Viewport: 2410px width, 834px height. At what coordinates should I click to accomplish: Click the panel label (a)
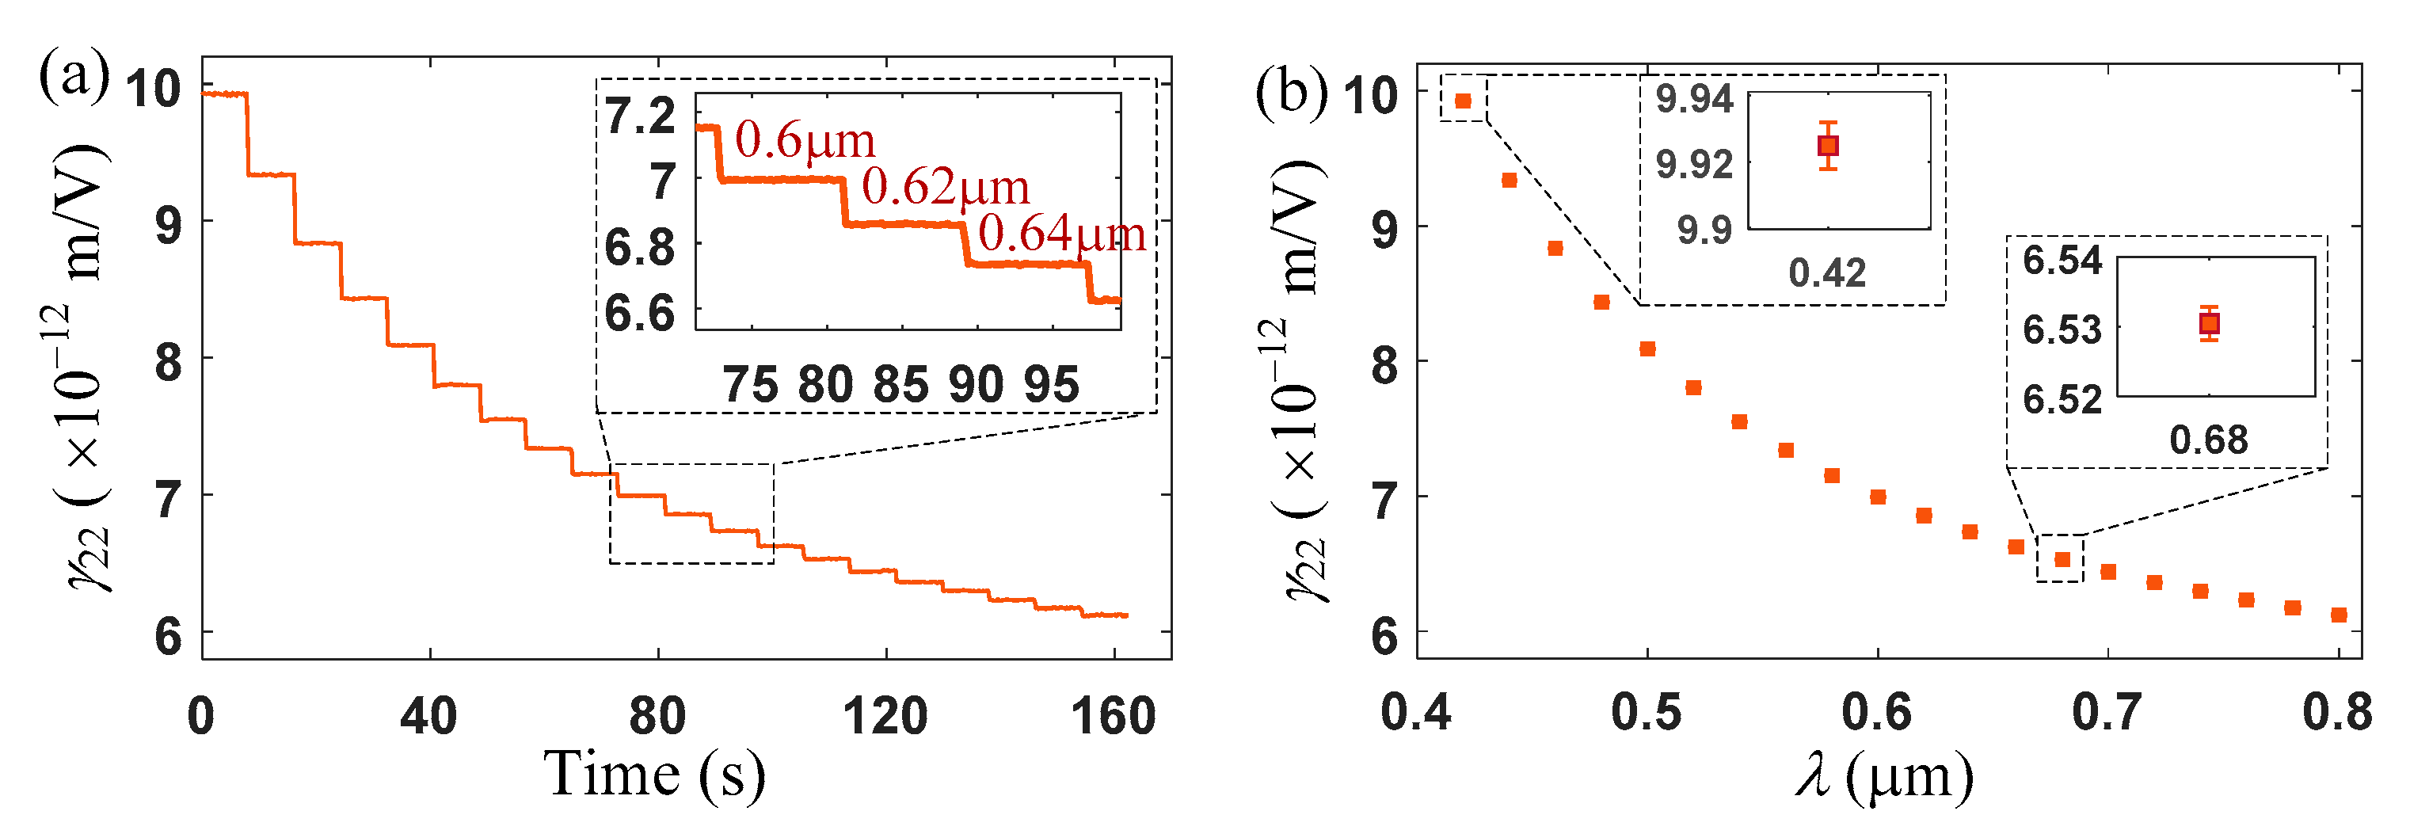[x=73, y=77]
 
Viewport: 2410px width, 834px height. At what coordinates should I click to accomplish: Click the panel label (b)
[x=1290, y=93]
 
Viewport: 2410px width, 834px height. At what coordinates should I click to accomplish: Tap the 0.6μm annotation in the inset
[x=805, y=140]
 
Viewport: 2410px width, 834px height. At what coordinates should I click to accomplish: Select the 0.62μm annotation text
[x=945, y=186]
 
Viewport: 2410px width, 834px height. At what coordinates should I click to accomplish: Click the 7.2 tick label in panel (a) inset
[x=640, y=116]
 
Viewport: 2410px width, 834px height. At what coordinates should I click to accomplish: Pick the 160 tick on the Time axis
[x=1114, y=716]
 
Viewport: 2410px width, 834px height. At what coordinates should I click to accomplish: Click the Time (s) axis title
[x=654, y=775]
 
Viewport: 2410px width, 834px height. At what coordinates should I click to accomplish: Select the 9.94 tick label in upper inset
[x=1694, y=98]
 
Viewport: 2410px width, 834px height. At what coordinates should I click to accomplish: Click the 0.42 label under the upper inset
[x=1827, y=273]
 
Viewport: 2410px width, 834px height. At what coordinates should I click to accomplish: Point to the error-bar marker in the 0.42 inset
[x=1828, y=146]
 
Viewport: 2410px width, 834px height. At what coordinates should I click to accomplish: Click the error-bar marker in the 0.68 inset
[x=2209, y=324]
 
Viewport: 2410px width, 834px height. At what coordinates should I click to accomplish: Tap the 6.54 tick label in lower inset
[x=2062, y=261]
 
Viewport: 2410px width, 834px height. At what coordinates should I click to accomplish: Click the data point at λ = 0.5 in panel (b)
[x=1647, y=349]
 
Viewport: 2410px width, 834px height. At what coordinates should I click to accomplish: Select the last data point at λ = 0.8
[x=2339, y=615]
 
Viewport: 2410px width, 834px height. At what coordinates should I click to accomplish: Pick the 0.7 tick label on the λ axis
[x=2107, y=714]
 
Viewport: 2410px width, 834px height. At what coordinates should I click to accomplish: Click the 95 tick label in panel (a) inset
[x=1052, y=385]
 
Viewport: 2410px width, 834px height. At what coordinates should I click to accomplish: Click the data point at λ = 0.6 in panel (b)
[x=1878, y=497]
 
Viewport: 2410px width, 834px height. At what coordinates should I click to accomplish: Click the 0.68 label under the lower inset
[x=2208, y=440]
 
